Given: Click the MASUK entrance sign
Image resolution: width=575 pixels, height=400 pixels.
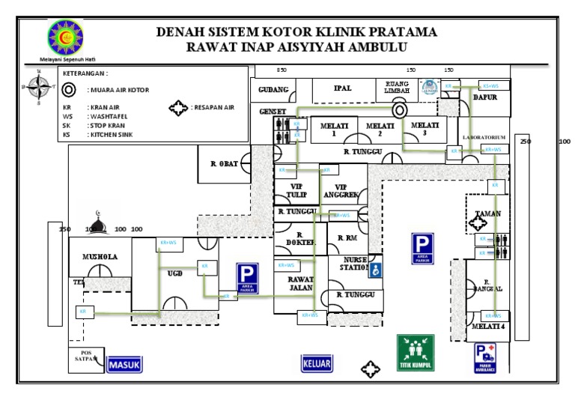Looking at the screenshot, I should [124, 364].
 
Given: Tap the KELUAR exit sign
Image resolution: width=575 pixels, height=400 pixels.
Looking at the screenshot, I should [317, 364].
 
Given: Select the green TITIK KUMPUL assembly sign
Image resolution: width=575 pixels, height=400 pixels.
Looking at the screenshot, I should [416, 352].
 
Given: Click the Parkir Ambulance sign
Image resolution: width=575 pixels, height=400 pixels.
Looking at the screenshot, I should [484, 358].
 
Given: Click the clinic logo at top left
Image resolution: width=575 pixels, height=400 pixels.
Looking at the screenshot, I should [65, 37].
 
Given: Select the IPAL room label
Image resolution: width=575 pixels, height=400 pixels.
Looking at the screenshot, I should [342, 88].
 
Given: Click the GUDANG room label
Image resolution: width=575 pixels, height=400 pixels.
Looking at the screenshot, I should [273, 90].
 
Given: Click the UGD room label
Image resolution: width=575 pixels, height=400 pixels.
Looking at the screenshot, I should [174, 273].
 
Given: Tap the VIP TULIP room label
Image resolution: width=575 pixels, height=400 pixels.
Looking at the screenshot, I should [296, 190].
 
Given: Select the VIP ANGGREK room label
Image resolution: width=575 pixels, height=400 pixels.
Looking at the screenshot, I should [341, 190].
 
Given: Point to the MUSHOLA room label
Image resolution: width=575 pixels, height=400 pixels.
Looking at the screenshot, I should [100, 256].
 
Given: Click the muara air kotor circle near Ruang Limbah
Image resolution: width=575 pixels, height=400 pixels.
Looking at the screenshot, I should [400, 109].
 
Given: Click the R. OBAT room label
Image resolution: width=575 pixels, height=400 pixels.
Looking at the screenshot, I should [224, 164].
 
